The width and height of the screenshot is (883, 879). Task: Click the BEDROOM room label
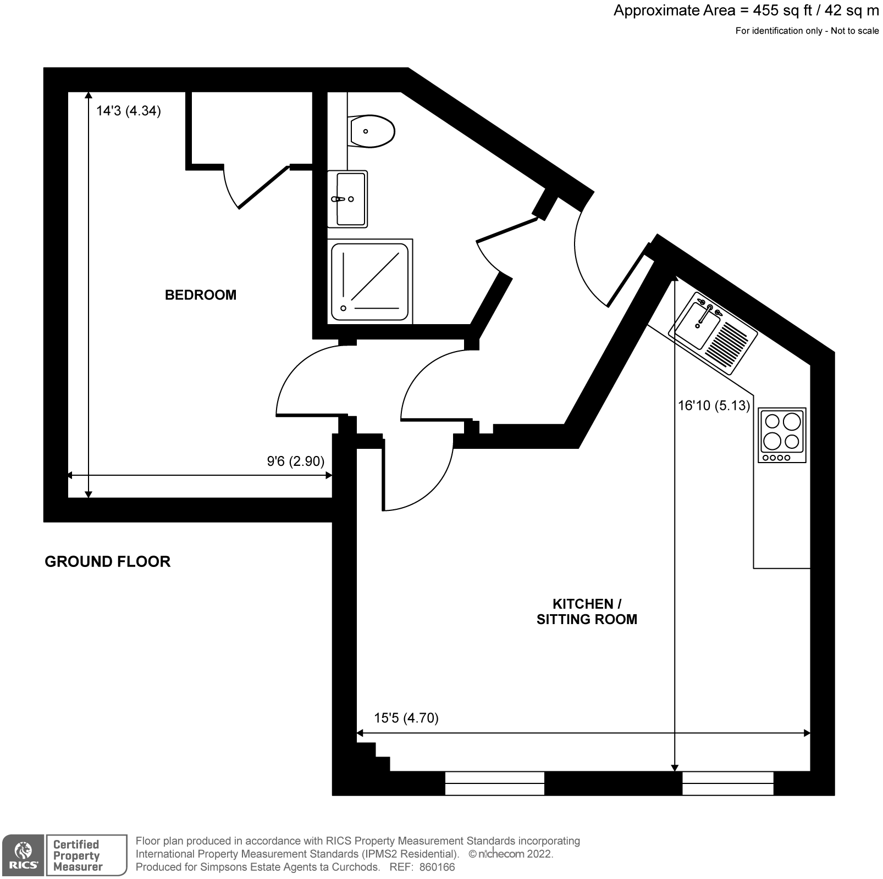[200, 295]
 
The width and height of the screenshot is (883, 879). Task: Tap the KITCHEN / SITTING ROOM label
[587, 611]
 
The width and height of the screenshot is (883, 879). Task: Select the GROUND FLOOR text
[107, 561]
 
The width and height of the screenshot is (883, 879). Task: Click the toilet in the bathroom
[372, 131]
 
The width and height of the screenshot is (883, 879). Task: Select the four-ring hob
[782, 435]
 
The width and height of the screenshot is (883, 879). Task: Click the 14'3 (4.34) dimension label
[128, 111]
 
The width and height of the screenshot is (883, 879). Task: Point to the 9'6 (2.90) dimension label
[295, 461]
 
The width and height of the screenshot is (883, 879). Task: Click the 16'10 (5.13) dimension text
[714, 405]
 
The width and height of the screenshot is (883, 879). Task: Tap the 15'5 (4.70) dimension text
[406, 717]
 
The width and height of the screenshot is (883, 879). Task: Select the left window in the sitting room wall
[494, 783]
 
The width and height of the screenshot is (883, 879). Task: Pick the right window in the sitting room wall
[727, 783]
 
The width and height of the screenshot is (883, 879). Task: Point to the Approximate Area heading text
[746, 10]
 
